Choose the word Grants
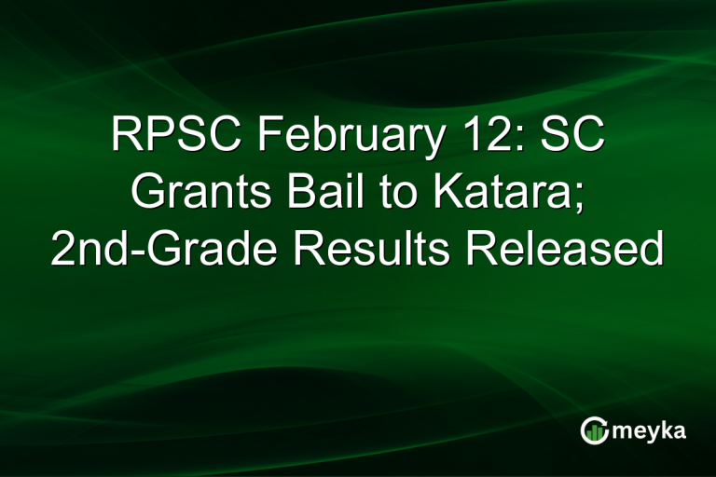coord(192,193)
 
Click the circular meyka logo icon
coord(593,430)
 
